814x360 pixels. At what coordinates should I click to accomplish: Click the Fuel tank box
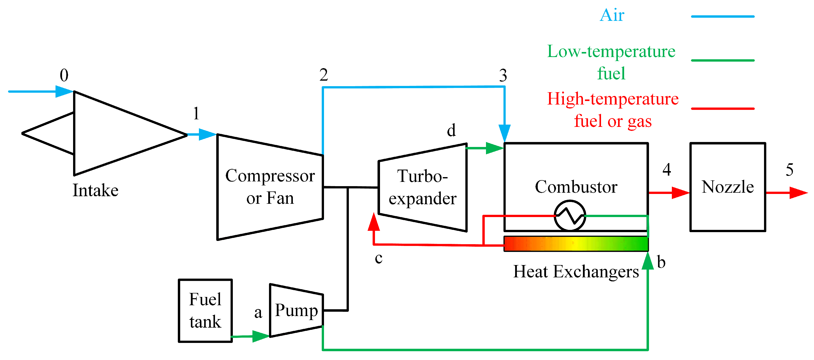[205, 310]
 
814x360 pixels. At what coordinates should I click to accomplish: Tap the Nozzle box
[727, 187]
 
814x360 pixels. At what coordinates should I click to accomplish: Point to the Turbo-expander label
[422, 187]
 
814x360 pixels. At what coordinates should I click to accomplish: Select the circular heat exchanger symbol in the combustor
[570, 216]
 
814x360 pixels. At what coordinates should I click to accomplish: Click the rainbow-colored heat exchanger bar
[576, 244]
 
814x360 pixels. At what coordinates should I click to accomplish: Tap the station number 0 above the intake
[64, 75]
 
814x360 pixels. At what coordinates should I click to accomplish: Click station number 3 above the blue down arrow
[503, 75]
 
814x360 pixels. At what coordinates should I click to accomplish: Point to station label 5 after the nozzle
[789, 170]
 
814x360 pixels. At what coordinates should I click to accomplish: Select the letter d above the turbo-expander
[451, 130]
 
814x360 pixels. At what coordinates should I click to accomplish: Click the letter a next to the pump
[258, 313]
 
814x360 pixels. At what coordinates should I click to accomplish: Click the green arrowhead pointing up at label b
[647, 261]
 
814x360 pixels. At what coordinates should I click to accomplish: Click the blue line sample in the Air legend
[722, 16]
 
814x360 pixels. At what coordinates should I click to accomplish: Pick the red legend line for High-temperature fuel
[722, 109]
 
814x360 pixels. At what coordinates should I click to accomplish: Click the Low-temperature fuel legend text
[611, 62]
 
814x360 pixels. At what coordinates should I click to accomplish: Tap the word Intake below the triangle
[95, 190]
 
